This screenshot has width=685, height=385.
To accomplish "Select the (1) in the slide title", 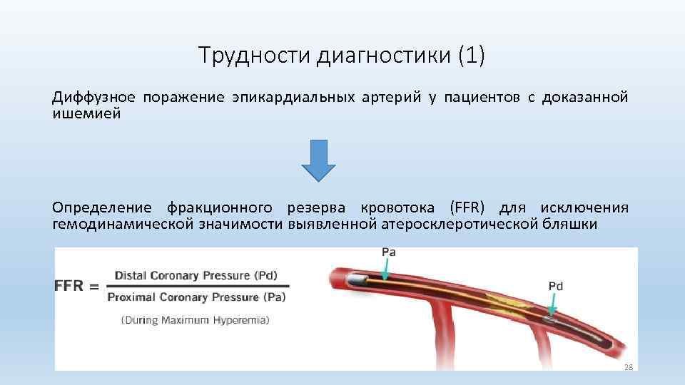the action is point(468,55).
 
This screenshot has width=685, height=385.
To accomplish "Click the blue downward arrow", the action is point(318,160).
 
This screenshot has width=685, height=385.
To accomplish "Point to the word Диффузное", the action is point(93,97).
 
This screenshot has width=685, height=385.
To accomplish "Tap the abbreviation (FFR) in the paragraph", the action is point(467,207).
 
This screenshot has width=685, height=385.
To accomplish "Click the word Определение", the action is point(101,207).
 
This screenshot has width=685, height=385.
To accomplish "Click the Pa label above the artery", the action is point(389,252).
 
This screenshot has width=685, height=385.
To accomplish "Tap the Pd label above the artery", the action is point(556,286).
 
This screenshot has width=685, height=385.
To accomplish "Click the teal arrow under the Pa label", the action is point(384,270).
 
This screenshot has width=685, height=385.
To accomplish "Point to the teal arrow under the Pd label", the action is point(553,305).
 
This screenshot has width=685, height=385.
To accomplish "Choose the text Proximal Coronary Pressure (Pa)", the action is point(196,297).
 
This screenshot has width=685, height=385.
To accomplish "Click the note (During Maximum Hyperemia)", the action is point(195,320).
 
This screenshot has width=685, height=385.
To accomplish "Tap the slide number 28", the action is point(628,366).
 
